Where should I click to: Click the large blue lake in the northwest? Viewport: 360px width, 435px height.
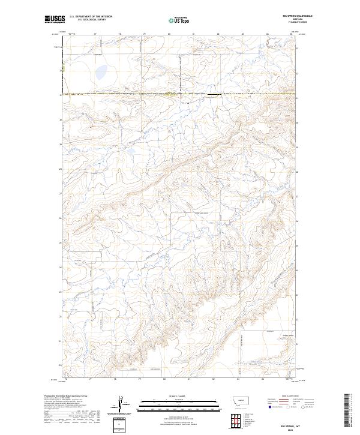coord(100,73)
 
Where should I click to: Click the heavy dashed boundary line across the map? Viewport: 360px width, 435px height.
coord(180,95)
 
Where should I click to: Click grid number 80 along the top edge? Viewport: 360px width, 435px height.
coord(169,34)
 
